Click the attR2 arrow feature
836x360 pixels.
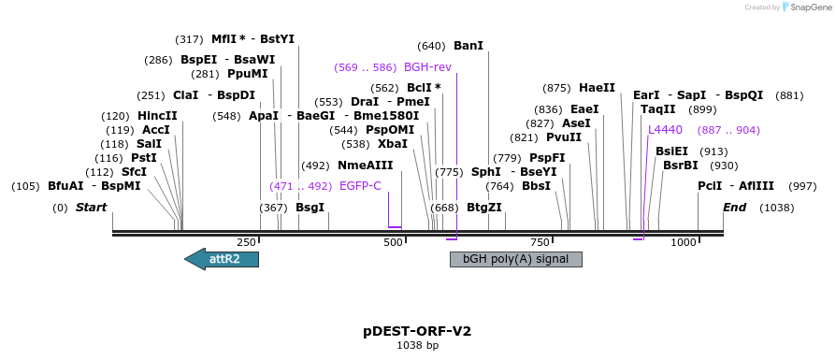(222, 259)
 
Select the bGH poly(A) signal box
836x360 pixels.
(516, 259)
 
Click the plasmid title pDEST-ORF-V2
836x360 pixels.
(417, 331)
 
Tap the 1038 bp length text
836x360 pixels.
(417, 346)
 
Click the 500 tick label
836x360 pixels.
(393, 243)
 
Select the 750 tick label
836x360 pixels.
(540, 243)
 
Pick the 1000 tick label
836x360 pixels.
(684, 243)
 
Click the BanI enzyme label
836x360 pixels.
(468, 46)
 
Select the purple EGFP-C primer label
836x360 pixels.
(360, 186)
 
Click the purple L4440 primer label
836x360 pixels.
(665, 130)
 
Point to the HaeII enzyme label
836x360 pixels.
(597, 88)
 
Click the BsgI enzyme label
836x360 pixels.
(310, 208)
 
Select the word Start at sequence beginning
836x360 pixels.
(91, 208)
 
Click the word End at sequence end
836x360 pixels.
(734, 208)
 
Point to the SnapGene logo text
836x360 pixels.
(806, 7)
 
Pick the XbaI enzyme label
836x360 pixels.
(392, 144)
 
